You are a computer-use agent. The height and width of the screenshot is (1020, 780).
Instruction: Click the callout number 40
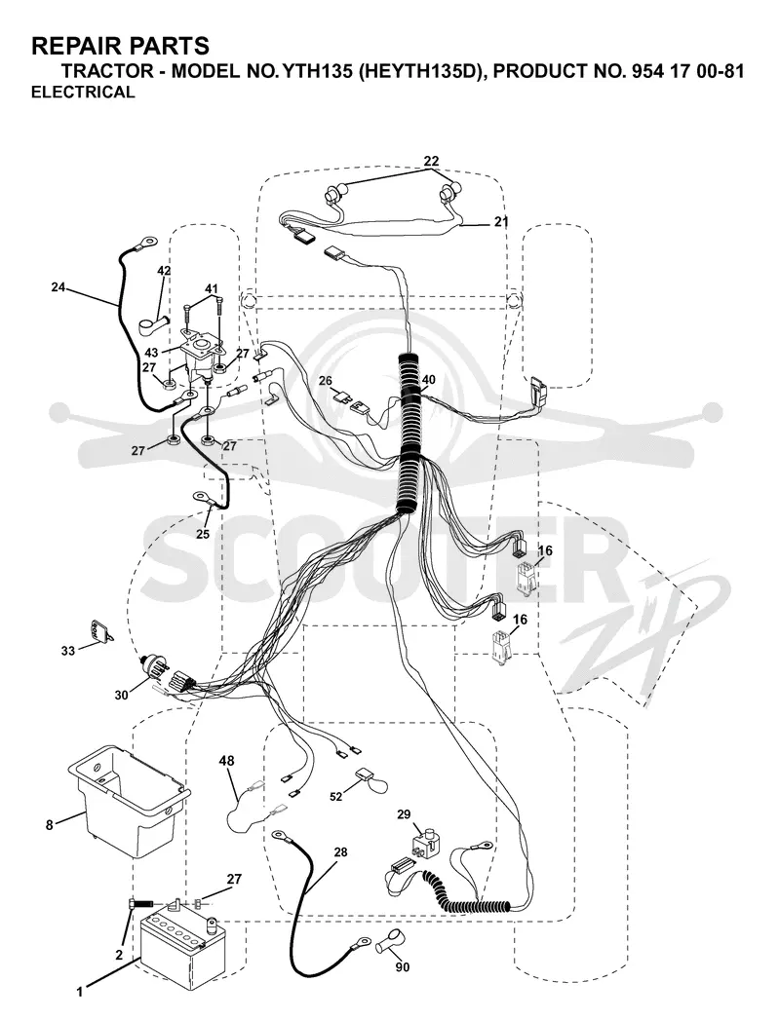(x=429, y=379)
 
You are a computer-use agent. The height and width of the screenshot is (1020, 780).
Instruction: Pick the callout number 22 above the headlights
(x=430, y=161)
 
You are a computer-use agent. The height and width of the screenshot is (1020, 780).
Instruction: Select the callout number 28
(x=340, y=851)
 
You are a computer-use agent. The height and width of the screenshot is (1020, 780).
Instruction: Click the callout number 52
(x=336, y=796)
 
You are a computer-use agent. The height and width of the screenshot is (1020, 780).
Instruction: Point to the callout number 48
(x=226, y=760)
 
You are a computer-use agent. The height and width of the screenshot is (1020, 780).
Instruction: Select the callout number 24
(x=58, y=286)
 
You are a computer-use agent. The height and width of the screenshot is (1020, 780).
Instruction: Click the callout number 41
(x=212, y=288)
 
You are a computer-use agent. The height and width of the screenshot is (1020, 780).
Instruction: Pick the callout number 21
(x=501, y=221)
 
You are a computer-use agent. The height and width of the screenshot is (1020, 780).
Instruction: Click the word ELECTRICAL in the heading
(x=83, y=92)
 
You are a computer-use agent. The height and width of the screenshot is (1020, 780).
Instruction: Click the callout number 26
(x=325, y=380)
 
